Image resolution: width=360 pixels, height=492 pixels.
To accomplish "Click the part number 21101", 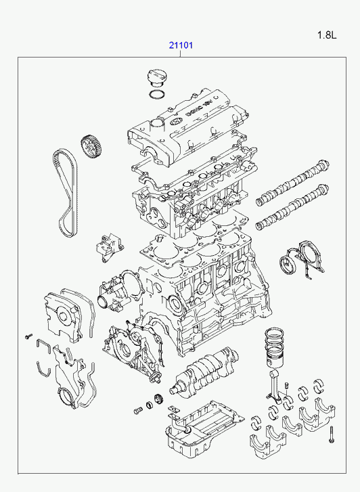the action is (x=181, y=45).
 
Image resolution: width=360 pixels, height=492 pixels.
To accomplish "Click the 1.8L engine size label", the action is (x=327, y=35).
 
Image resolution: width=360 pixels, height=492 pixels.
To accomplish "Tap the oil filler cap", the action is (x=157, y=78).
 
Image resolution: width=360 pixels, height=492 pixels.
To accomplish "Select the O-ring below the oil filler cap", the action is (x=157, y=94).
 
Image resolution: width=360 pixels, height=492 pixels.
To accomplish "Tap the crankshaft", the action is (x=204, y=370).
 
